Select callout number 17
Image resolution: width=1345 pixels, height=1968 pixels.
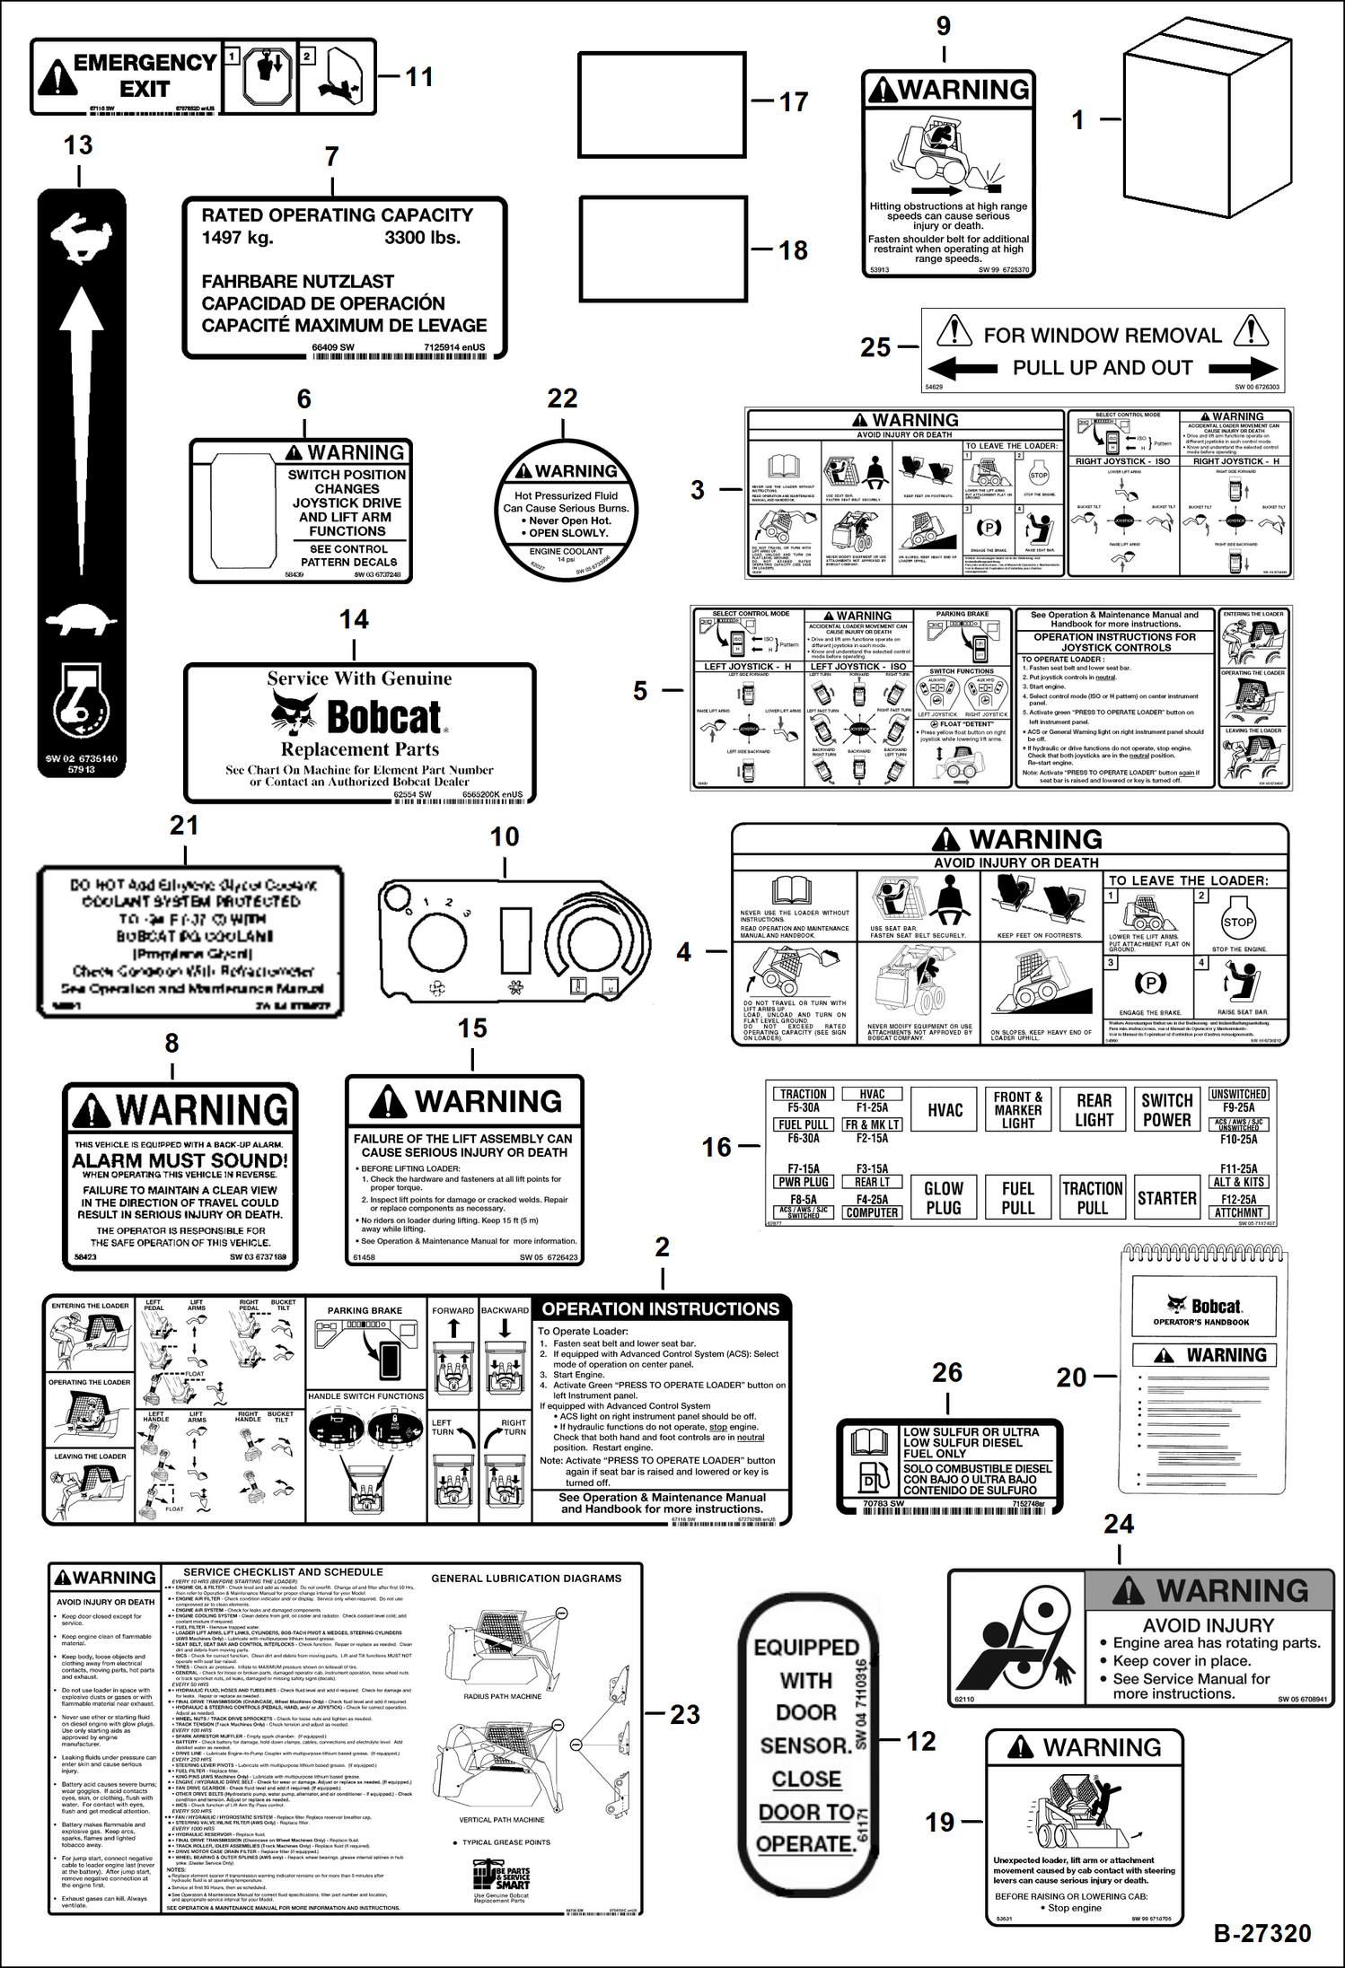tap(793, 102)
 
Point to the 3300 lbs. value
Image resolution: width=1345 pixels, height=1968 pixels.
tap(422, 238)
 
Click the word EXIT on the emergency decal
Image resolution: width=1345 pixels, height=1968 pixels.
tap(145, 89)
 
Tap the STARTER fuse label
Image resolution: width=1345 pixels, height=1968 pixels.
tap(1166, 1198)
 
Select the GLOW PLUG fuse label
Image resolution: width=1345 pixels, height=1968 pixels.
tap(944, 1198)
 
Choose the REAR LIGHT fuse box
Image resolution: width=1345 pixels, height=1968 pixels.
tap(1094, 1110)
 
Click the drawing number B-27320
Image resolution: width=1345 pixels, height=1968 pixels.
tap(1262, 1932)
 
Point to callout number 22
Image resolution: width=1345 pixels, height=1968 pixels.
tap(562, 398)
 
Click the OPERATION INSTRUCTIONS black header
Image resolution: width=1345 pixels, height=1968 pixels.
tap(661, 1309)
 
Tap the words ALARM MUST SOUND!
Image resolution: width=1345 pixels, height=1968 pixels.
tap(180, 1160)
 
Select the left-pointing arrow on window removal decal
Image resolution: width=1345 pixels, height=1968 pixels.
tap(963, 368)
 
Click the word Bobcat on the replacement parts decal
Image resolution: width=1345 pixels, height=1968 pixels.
tap(383, 716)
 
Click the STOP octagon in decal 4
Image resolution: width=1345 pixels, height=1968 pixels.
tap(1238, 923)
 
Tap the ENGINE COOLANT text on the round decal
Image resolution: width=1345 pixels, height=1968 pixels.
tap(566, 551)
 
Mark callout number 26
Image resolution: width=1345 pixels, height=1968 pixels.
tap(947, 1372)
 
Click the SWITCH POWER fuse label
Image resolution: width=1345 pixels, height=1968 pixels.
tap(1166, 1110)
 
